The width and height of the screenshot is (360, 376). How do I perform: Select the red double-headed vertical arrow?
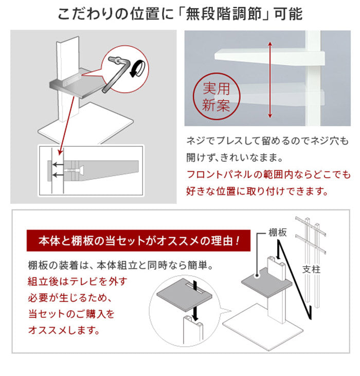[x=268, y=79]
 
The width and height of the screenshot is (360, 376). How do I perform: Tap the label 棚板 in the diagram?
[x=278, y=232]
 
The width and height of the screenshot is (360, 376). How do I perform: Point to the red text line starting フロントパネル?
[x=267, y=175]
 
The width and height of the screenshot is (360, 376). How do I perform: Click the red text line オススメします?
[x=64, y=329]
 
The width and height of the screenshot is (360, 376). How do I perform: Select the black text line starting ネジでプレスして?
[x=267, y=141]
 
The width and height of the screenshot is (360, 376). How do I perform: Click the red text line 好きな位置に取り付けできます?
[x=257, y=192]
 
